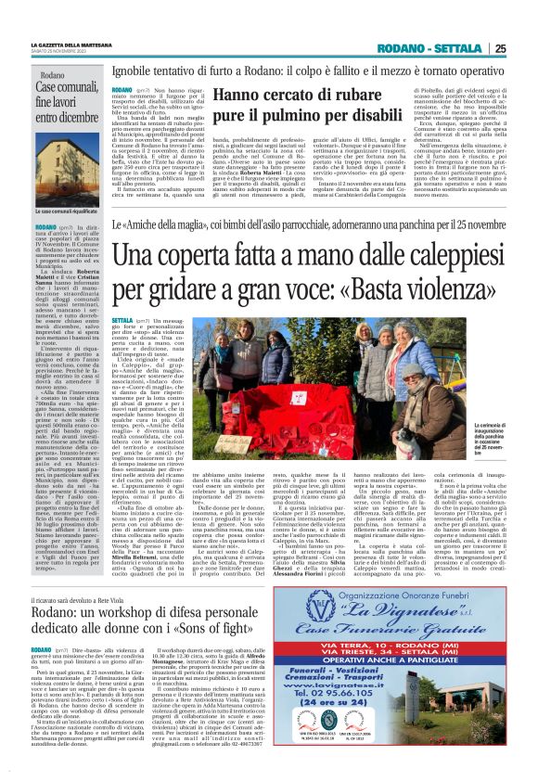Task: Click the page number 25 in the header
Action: pos(525,49)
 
